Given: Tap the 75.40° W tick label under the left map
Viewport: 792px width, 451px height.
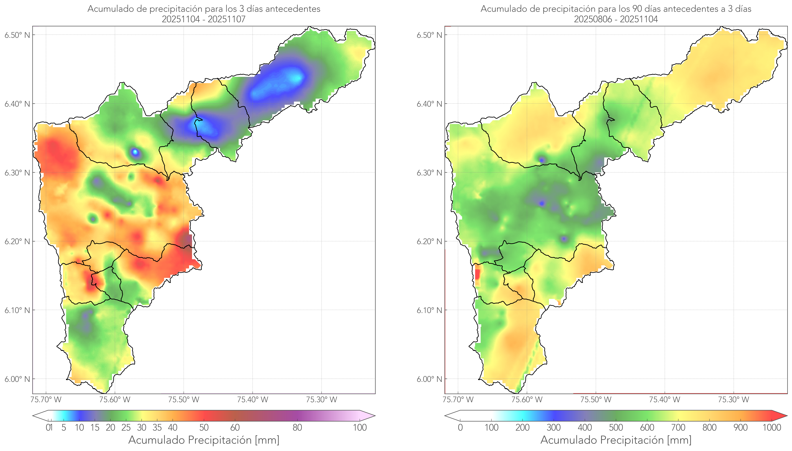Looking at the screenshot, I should pos(252,400).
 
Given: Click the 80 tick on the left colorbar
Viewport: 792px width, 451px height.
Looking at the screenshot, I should pos(297,427).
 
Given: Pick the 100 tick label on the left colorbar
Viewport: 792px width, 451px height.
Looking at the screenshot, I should pos(360,427).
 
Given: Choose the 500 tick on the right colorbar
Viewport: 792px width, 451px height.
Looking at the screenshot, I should pos(616,427).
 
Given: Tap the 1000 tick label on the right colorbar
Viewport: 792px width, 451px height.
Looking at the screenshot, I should pos(772,427).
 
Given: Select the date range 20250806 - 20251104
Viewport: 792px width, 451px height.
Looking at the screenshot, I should pos(616,19).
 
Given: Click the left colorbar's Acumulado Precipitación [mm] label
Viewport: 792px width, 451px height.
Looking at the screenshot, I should pos(204,440).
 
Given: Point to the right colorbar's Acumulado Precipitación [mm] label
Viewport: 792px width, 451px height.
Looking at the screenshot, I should pos(616,440).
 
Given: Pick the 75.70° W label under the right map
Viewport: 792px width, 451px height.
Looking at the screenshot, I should pos(458,400).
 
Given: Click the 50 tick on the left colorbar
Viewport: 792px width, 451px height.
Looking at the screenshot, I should pos(204,427).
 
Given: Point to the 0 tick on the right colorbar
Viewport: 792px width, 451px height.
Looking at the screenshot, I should pos(460,427).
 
